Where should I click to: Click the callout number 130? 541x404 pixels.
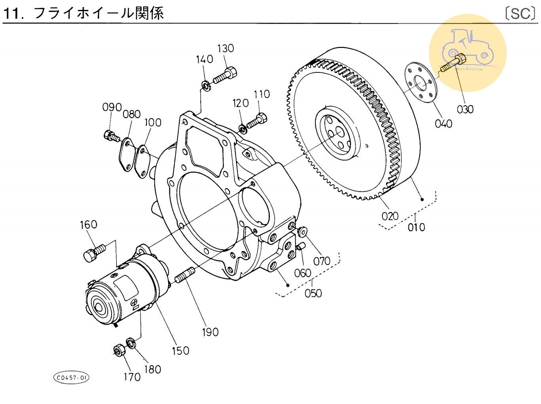pos(226,48)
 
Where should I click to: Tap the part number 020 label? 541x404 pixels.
pos(390,216)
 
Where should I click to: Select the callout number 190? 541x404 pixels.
pos(210,332)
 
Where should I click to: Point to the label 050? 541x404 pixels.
pos(313,293)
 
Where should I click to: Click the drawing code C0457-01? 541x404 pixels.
pos(71,377)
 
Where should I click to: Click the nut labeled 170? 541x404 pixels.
pos(118,350)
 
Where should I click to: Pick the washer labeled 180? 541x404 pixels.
pos(131,342)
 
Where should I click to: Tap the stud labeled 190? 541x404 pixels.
pos(184,275)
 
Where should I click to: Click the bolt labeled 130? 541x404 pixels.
pos(226,76)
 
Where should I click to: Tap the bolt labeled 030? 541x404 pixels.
pos(454,63)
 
